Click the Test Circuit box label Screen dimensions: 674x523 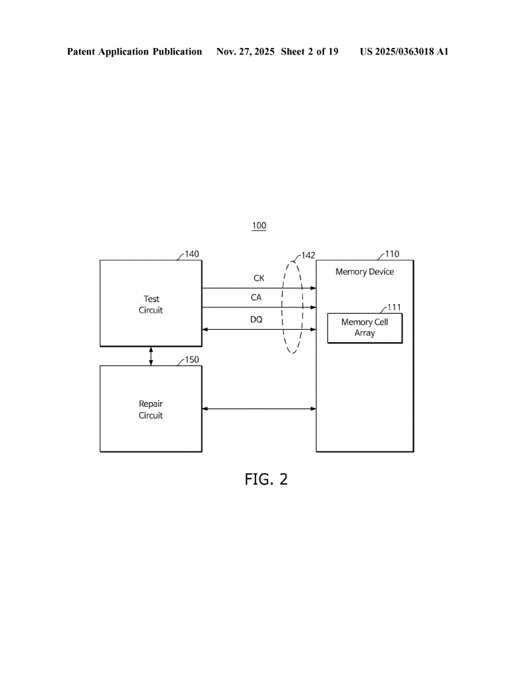click(x=150, y=305)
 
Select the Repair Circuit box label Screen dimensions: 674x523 click(x=150, y=409)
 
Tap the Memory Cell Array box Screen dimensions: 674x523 click(x=364, y=328)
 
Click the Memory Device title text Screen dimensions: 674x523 click(x=364, y=271)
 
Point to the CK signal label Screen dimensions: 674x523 click(x=259, y=278)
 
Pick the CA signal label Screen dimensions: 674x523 click(x=256, y=298)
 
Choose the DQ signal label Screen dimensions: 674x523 click(x=256, y=319)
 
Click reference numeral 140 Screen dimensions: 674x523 click(x=192, y=254)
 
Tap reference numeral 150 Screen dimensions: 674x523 click(x=192, y=359)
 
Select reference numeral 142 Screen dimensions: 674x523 click(x=308, y=255)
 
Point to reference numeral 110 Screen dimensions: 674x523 click(x=391, y=254)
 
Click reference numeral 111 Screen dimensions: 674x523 click(x=394, y=307)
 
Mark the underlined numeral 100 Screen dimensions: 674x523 click(x=259, y=226)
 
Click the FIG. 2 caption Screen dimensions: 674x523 click(x=266, y=479)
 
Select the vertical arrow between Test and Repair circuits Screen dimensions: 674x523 click(x=151, y=355)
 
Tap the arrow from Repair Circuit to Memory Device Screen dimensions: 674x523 click(x=259, y=409)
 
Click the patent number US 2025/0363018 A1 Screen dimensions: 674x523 click(x=404, y=51)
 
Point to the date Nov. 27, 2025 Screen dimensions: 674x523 click(x=245, y=51)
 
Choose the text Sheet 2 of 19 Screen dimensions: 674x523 click(x=310, y=51)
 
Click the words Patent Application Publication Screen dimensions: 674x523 click(x=134, y=51)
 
